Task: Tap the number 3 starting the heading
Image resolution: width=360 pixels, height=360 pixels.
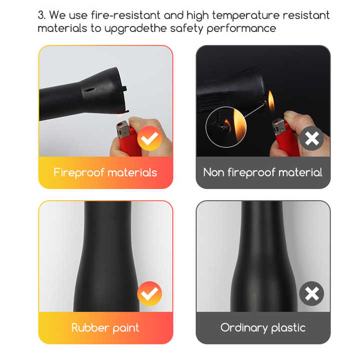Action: click(x=41, y=15)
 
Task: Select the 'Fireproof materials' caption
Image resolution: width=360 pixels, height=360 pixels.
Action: click(x=105, y=172)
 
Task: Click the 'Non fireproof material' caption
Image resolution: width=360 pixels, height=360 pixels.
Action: click(x=262, y=172)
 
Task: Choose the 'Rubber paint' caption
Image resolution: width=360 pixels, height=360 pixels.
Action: click(x=105, y=328)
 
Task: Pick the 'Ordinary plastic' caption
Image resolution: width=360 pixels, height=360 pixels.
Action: click(x=262, y=328)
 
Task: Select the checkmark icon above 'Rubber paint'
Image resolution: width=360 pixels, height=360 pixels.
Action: click(x=149, y=294)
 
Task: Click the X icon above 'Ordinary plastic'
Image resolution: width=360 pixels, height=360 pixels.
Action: click(x=311, y=294)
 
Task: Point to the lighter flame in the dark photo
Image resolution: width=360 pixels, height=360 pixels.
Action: click(x=271, y=102)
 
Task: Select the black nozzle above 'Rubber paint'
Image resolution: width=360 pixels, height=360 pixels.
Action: click(x=105, y=260)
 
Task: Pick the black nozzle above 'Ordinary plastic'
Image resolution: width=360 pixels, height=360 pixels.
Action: click(x=262, y=260)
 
